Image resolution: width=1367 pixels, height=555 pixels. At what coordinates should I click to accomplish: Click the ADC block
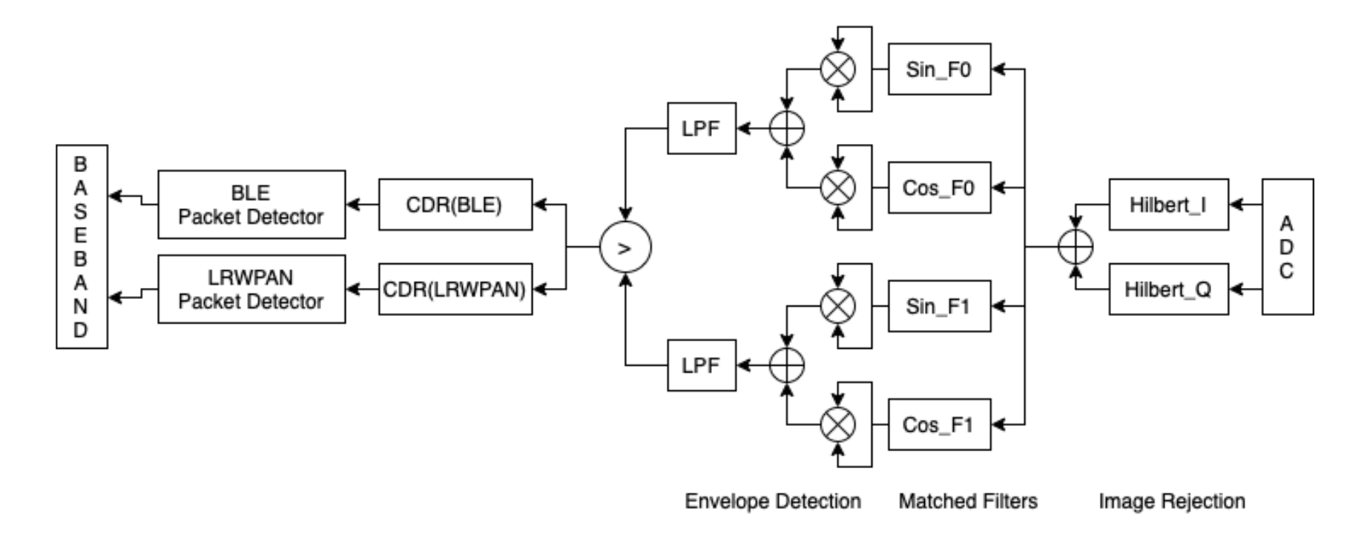tap(1287, 246)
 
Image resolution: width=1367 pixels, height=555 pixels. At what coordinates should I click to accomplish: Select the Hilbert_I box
tap(1168, 204)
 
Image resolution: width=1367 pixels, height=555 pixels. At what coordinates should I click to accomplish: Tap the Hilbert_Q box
tap(1168, 289)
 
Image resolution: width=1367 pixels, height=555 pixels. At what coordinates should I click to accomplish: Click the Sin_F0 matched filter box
tap(939, 69)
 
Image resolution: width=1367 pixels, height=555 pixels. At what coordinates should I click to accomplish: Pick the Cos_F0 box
tap(939, 188)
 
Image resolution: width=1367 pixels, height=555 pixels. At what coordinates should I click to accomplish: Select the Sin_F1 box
tap(939, 306)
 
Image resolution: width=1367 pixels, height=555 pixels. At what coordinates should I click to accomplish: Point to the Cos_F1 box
tap(939, 424)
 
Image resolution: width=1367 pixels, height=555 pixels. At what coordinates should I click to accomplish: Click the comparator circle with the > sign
tap(625, 248)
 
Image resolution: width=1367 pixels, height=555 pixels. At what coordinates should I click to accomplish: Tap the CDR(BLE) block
tap(455, 204)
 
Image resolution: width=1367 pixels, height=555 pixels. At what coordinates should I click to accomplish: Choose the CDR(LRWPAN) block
tap(455, 289)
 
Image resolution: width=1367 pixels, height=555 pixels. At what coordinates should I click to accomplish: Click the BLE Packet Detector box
tap(251, 204)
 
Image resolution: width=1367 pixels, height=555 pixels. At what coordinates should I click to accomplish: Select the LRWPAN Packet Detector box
tap(251, 289)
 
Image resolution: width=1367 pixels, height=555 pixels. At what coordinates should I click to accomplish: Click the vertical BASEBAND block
tap(82, 246)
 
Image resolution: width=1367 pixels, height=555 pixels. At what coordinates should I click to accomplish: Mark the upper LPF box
tap(701, 128)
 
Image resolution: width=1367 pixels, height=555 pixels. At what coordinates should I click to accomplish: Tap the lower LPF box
tap(701, 365)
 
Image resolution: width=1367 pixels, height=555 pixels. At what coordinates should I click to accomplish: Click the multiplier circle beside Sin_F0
tap(837, 69)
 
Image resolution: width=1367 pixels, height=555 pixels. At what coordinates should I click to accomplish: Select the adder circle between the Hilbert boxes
tap(1075, 246)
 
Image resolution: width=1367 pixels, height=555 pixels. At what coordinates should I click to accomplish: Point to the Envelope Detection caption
tap(772, 502)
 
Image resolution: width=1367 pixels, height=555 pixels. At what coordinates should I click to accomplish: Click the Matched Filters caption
tap(967, 502)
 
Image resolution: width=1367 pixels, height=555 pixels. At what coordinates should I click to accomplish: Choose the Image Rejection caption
tap(1171, 502)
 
